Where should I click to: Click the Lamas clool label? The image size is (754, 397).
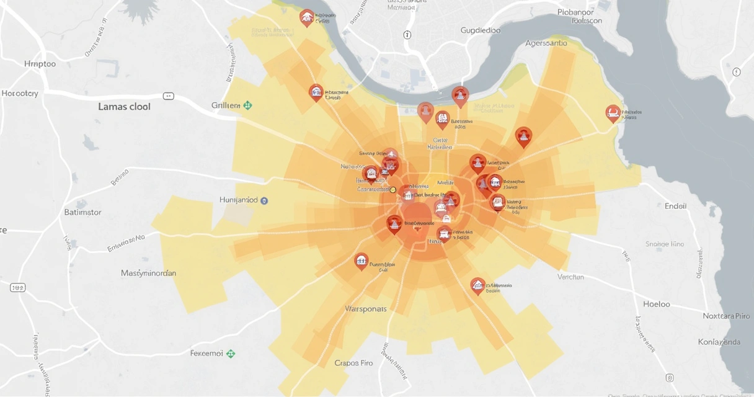point(124,107)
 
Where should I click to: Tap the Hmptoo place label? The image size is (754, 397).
point(40,64)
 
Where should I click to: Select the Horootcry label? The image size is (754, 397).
point(20,94)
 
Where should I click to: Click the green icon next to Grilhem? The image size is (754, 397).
point(247,105)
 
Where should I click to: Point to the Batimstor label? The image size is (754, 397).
point(82,212)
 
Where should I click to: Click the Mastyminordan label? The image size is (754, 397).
point(148,273)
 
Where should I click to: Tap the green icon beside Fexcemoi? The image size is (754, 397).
point(231,354)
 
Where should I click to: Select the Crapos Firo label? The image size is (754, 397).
point(353,363)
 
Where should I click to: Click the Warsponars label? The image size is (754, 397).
point(365,308)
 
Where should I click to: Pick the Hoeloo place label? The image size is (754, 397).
point(656,304)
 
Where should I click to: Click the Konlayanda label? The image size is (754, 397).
point(719,342)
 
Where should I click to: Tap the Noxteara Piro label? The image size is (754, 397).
point(726,316)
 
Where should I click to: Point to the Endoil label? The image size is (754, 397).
point(675,206)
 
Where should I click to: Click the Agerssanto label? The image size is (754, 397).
point(546,43)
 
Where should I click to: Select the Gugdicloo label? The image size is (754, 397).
point(481,30)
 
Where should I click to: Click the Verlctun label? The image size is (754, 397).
point(570,277)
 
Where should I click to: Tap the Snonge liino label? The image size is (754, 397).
point(665,244)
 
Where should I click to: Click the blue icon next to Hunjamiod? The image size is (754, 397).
point(264,200)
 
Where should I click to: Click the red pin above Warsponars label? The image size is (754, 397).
point(361,261)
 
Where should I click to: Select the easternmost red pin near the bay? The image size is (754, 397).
point(613,113)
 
